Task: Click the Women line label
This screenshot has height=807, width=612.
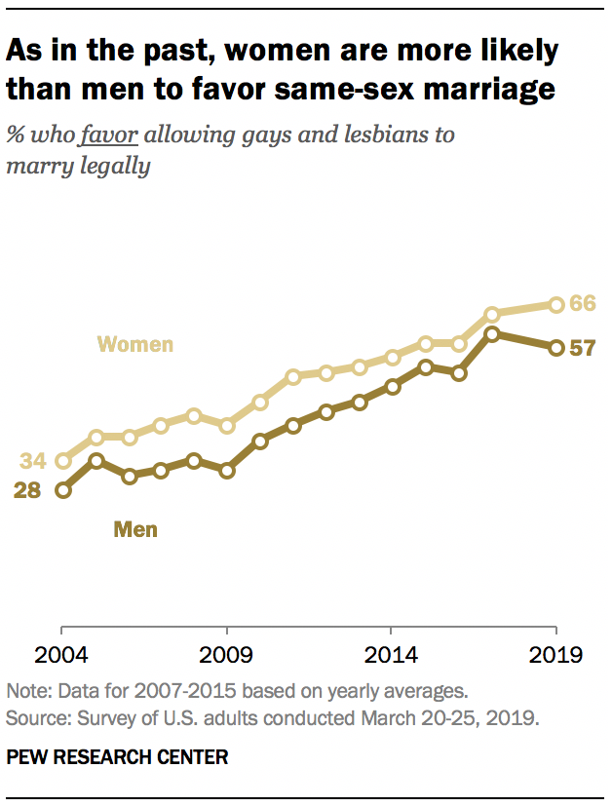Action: pyautogui.click(x=135, y=344)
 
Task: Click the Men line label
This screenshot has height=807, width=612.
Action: pyautogui.click(x=135, y=530)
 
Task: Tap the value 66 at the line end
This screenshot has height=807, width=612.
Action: pyautogui.click(x=583, y=304)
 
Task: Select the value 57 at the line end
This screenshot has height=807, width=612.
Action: pyautogui.click(x=582, y=348)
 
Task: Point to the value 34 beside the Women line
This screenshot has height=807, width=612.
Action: pyautogui.click(x=32, y=460)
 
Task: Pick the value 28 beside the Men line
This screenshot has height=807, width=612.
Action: pyautogui.click(x=27, y=490)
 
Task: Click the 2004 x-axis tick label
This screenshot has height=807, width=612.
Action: pyautogui.click(x=62, y=654)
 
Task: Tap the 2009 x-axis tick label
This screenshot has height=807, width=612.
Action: pyautogui.click(x=226, y=654)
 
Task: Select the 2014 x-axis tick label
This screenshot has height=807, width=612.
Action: pyautogui.click(x=391, y=654)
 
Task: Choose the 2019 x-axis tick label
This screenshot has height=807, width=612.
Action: pyautogui.click(x=555, y=654)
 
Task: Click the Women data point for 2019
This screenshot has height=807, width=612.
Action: pyautogui.click(x=556, y=305)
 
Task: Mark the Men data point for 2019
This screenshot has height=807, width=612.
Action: pyautogui.click(x=556, y=348)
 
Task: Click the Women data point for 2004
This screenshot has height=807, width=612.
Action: pyautogui.click(x=63, y=460)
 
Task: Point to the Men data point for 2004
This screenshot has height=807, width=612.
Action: pyautogui.click(x=63, y=490)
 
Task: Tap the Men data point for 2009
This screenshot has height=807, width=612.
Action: pyautogui.click(x=227, y=470)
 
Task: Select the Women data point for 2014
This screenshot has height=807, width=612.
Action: pyautogui.click(x=392, y=357)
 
